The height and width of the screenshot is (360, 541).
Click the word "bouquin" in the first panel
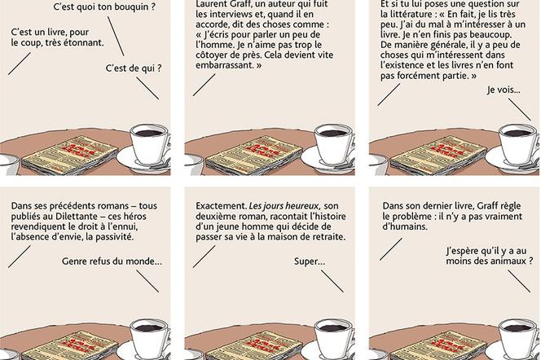(x=130, y=7)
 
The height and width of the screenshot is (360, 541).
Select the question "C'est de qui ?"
(x=134, y=68)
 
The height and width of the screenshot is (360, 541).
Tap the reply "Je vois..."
(x=504, y=90)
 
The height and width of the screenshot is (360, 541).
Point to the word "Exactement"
(x=221, y=206)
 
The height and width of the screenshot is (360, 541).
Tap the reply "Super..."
(x=310, y=261)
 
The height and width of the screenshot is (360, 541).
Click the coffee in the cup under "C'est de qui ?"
(x=148, y=133)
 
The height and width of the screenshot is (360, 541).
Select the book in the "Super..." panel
(x=253, y=345)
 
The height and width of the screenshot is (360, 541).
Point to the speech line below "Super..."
(x=332, y=281)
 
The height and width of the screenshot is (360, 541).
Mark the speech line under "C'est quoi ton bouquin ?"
(x=116, y=36)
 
